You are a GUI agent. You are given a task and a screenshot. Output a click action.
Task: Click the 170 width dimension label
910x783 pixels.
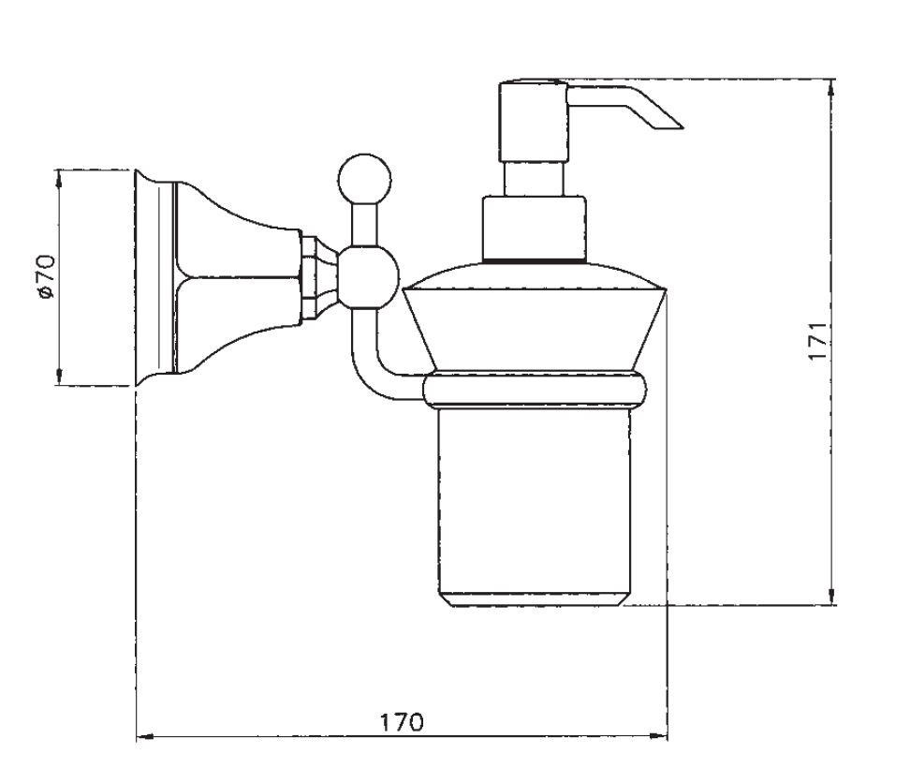[402, 722]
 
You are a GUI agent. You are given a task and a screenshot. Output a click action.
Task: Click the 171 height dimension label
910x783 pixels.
[817, 341]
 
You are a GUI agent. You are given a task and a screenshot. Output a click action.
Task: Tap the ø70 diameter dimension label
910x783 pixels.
[46, 277]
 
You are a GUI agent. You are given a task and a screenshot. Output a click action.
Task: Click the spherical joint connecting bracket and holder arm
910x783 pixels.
[368, 277]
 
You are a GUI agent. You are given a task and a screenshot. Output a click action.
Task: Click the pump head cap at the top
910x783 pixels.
[533, 122]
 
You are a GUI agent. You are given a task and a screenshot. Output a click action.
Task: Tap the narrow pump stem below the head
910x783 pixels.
[534, 179]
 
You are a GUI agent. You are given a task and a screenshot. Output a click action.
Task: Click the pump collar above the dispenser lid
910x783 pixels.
[534, 229]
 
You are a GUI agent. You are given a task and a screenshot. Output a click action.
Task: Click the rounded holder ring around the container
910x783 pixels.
[535, 391]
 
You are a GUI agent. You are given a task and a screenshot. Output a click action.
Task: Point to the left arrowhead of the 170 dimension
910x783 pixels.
[145, 737]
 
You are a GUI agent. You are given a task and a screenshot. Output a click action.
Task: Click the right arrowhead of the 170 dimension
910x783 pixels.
[659, 736]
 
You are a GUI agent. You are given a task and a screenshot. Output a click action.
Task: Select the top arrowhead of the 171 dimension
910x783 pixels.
[831, 89]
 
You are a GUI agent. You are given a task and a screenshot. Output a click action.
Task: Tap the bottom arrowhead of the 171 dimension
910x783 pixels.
[831, 596]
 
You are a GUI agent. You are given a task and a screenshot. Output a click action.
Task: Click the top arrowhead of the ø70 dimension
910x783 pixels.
[60, 179]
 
